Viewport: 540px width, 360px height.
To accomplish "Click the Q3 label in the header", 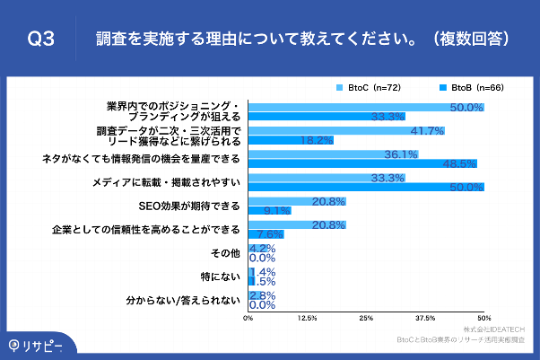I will pos(40,39).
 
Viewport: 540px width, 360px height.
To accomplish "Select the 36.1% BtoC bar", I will pos(327,154).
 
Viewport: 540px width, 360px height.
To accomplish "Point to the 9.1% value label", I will pos(277,211).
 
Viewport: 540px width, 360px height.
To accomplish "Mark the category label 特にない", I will pos(224,276).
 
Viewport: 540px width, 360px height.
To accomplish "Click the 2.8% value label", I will pos(262,294).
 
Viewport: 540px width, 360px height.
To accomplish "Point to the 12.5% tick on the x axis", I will pos(307,318).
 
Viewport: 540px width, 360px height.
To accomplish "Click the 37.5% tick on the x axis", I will pos(425,318).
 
